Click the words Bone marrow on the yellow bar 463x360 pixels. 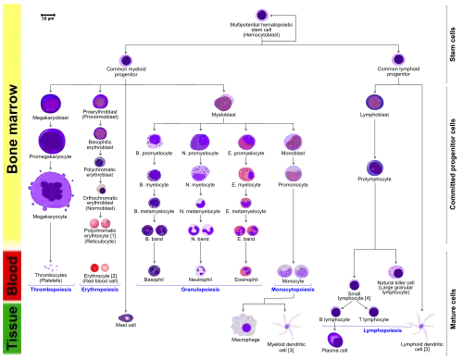pos(12,130)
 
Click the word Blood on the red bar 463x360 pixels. pos(12,276)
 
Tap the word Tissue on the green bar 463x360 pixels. pos(12,329)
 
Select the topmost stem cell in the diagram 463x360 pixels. pos(262,15)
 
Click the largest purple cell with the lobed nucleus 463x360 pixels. pos(51,191)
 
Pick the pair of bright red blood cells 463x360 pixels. pos(99,267)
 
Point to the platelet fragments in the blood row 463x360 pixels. pos(47,267)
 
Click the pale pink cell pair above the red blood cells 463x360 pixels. pos(99,222)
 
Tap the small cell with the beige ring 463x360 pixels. pos(101,188)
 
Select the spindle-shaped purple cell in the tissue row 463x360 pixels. pos(126,317)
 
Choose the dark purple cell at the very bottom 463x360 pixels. pos(335,340)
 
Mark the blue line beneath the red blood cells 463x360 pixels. pos(100,290)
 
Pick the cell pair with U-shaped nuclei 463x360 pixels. pos(200,230)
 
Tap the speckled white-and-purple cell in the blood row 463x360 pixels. pos(200,270)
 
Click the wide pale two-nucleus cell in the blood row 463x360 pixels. pos(293,270)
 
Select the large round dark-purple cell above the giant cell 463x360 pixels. pos(51,141)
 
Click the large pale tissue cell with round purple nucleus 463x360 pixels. pos(245,325)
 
